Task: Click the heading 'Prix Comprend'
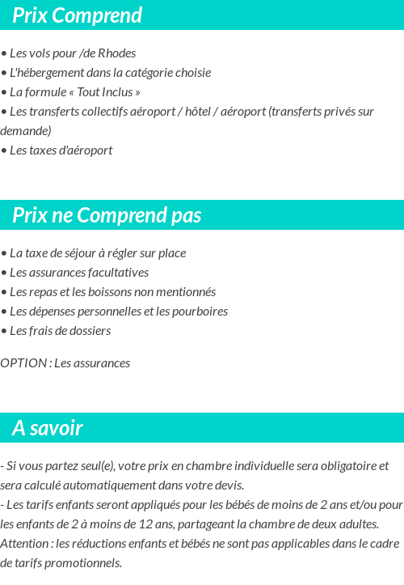(77, 15)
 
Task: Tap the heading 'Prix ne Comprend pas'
(107, 215)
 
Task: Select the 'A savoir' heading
(48, 428)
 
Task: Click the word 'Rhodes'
(116, 53)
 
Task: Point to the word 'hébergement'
(52, 73)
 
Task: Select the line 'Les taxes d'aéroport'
(61, 150)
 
